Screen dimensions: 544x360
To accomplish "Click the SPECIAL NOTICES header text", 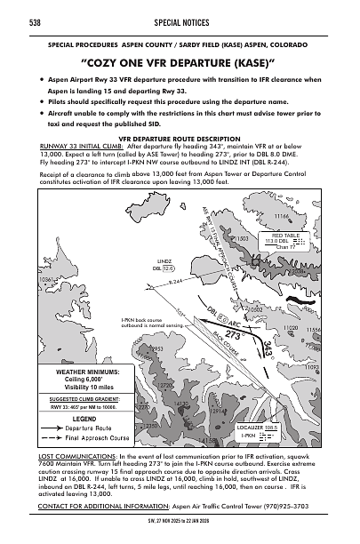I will [180, 20].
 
